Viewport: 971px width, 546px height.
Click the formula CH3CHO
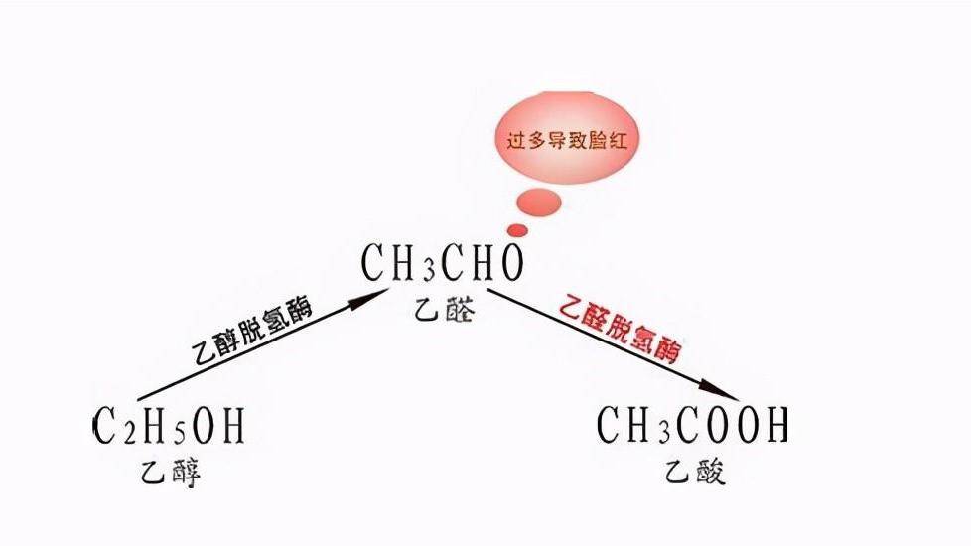(x=442, y=264)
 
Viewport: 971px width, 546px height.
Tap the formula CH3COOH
(x=692, y=426)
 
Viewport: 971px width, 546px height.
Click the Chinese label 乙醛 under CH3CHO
(x=442, y=311)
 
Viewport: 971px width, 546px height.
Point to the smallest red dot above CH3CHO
(x=518, y=230)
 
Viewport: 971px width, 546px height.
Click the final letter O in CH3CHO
(x=510, y=264)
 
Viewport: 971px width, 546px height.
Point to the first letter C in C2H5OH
(x=104, y=427)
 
